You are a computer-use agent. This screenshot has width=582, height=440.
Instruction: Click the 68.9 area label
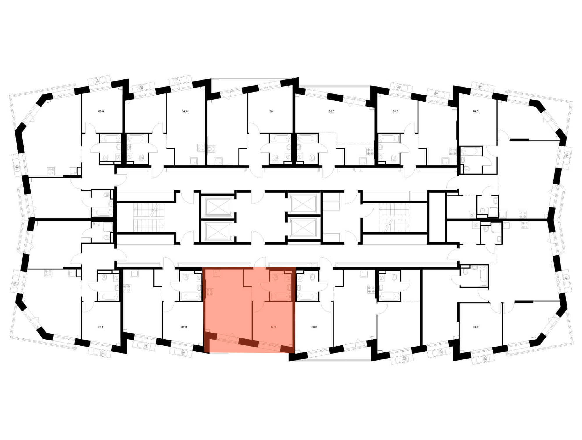pos(101,111)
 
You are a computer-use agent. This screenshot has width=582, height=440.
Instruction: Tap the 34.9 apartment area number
pos(185,111)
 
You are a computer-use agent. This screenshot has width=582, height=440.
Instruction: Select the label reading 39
pos(271,111)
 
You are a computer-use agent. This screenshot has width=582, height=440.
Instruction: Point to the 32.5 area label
pos(331,111)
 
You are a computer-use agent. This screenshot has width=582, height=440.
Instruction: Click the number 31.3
pos(395,111)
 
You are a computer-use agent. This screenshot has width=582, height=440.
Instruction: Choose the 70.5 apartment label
pos(475,111)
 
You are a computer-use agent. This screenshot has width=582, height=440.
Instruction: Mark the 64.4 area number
pos(100,327)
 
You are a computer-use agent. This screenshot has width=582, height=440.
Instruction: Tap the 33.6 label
pos(184,327)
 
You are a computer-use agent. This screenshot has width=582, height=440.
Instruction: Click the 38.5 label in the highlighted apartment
pos(274,327)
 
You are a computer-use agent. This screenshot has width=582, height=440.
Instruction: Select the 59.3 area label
pos(314,327)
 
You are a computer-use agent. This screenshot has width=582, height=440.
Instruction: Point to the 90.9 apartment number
pos(475,327)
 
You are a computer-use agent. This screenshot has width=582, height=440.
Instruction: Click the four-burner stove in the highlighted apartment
pos(210,292)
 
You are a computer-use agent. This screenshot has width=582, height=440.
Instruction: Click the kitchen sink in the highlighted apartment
pos(217,274)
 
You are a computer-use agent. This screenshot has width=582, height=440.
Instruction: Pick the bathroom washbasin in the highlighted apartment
pos(289,288)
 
